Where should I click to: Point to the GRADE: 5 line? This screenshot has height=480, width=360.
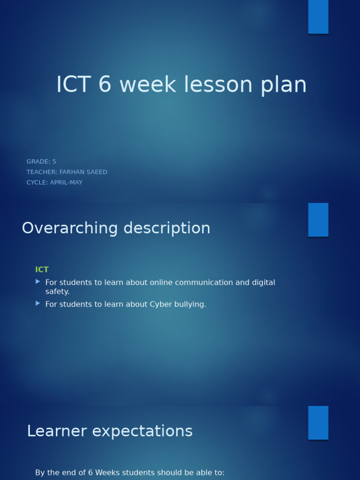pos(41,162)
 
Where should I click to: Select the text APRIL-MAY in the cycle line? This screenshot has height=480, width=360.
pos(66,182)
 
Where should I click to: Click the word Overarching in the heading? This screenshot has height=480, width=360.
pos(70,228)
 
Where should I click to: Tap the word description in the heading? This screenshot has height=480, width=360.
pos(167,228)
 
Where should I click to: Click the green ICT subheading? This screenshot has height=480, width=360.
pos(42,270)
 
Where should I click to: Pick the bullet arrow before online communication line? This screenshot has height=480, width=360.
pos(38,282)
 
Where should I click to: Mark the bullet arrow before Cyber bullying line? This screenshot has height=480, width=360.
pos(38,304)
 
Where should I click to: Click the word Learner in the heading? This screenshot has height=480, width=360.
pos(57,431)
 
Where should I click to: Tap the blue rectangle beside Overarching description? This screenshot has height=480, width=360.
pos(318,219)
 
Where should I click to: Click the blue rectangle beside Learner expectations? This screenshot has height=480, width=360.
pos(318,423)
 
